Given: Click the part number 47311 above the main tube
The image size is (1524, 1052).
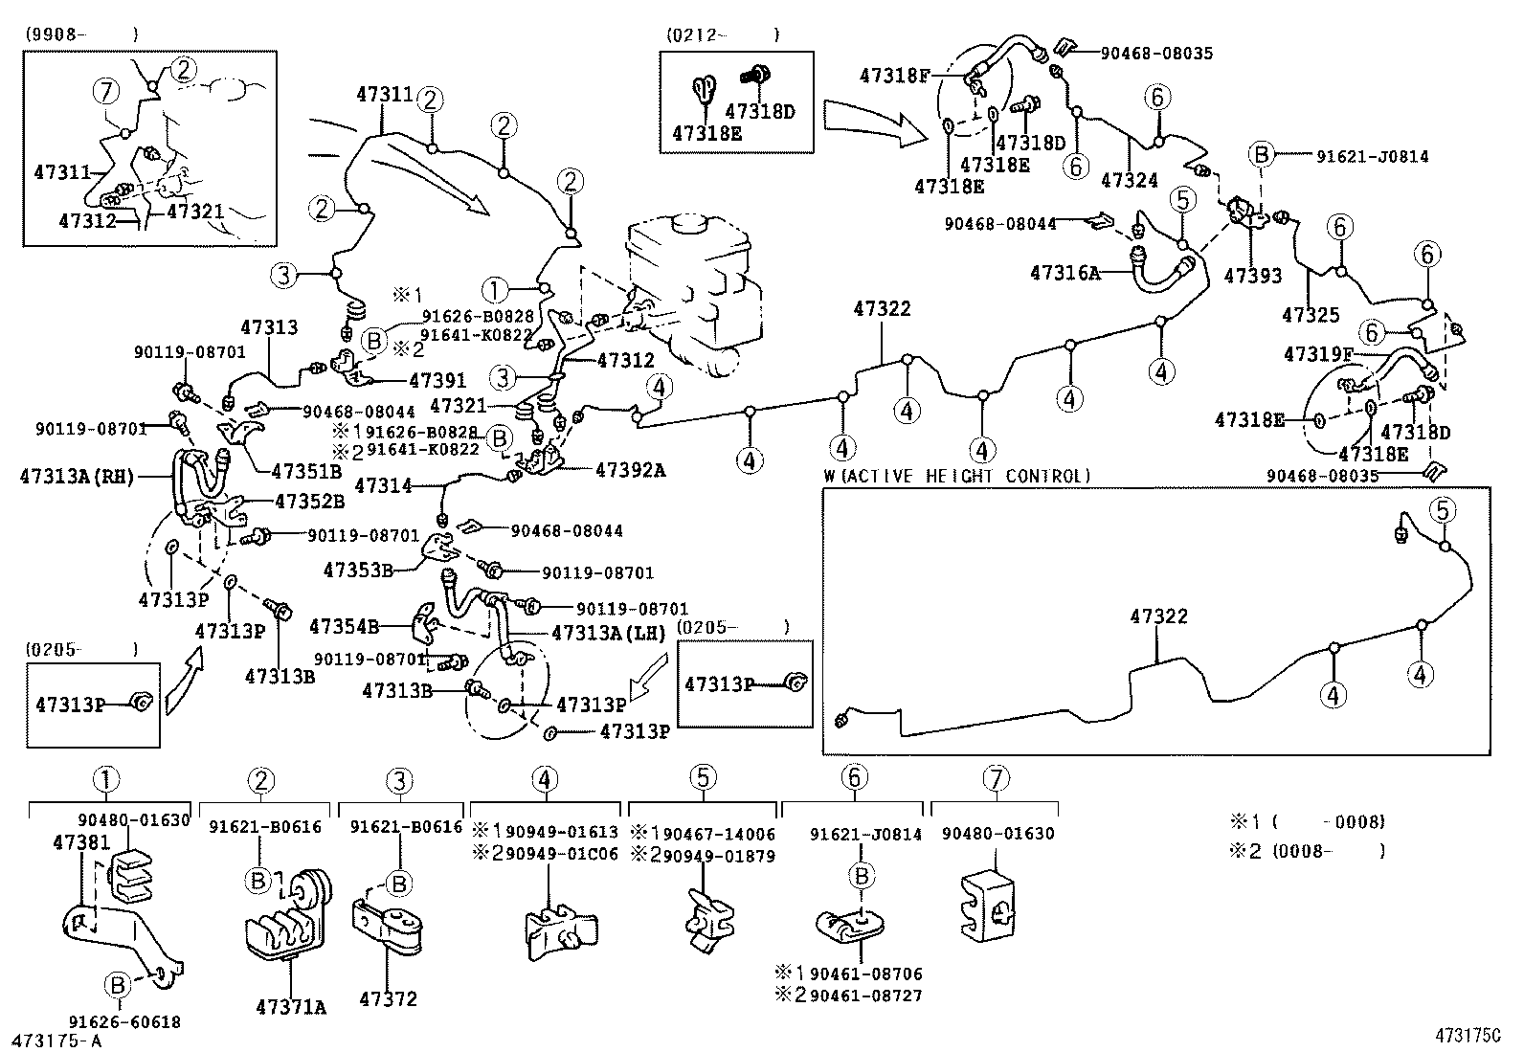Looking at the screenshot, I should click(384, 95).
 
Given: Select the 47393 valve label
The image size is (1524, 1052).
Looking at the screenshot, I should click(1252, 276).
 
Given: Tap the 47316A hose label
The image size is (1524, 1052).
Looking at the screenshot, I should click(1064, 273).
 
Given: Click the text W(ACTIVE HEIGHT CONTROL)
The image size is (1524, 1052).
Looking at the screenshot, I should click(956, 476).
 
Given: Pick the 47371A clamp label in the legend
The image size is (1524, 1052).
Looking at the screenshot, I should click(291, 1006).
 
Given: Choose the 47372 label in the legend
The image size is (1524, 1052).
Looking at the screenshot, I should click(389, 999).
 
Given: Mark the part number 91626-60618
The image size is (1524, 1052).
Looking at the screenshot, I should click(124, 1022).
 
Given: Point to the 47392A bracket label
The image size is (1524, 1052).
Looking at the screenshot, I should click(630, 470).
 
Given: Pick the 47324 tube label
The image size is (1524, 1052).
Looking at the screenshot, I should click(1130, 180).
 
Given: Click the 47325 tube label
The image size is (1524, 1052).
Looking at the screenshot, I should click(1311, 314).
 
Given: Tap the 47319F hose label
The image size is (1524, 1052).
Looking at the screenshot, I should click(1318, 354).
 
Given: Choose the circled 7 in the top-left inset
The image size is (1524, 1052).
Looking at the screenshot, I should click(106, 93).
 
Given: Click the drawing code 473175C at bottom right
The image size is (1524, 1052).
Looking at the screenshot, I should click(1468, 1036).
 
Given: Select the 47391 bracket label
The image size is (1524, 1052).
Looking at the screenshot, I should click(437, 381).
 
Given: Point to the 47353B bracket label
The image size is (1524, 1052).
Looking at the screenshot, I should click(359, 570).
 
